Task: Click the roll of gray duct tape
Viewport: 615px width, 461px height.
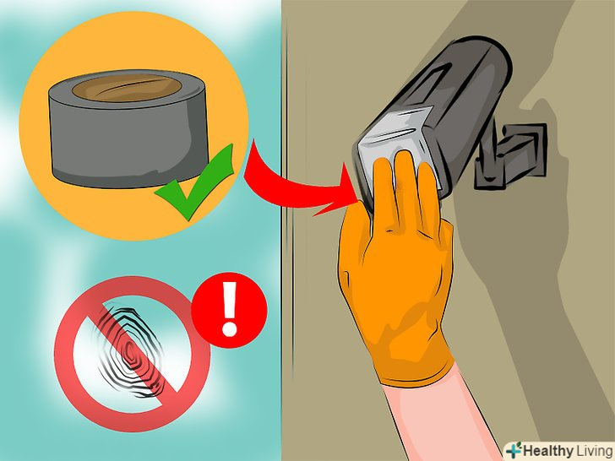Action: coord(128,128)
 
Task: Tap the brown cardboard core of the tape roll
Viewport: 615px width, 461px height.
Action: coord(127,88)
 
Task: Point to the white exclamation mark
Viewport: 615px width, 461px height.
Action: coord(230,309)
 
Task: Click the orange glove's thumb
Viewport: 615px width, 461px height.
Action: coord(355,231)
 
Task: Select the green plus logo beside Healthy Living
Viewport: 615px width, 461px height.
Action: coord(514,450)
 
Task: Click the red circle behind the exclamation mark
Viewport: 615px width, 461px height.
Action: coord(229,310)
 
